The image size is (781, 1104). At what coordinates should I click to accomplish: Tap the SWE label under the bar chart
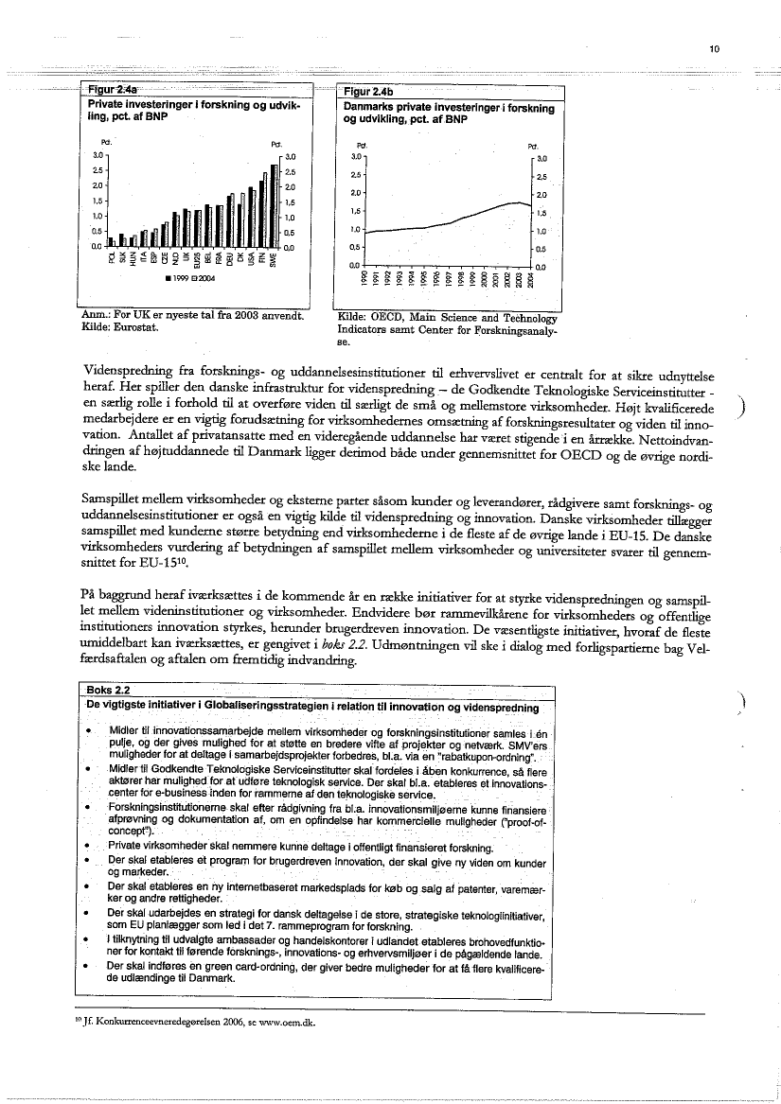click(x=274, y=259)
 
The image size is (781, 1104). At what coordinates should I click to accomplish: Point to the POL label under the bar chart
click(x=111, y=258)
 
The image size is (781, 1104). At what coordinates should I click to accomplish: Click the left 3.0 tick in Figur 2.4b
click(x=357, y=156)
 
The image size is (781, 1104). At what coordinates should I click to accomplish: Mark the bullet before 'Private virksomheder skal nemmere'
click(x=88, y=845)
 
